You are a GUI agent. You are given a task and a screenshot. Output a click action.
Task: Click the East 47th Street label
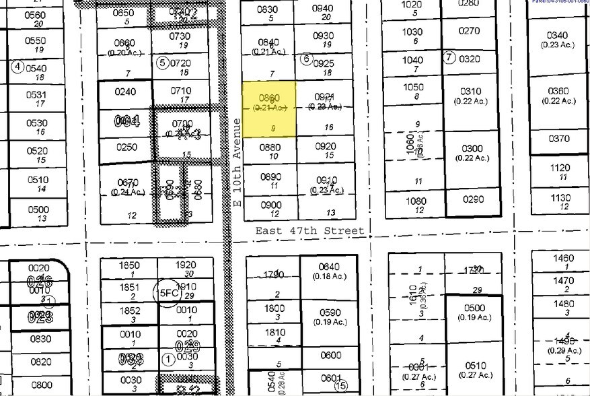[309, 231]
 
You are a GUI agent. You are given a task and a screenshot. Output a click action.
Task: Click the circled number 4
[17, 67]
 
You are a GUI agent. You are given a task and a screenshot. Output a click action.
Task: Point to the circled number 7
[449, 57]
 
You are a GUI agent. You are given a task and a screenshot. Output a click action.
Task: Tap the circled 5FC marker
[166, 293]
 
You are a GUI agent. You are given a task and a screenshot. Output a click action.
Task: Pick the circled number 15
[341, 385]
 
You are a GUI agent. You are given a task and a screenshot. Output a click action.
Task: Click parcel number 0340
[558, 35]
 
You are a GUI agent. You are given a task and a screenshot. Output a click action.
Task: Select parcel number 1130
[559, 198]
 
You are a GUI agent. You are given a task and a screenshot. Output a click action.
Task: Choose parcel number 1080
[416, 201]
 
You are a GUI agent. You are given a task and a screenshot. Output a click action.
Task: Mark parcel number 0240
[125, 92]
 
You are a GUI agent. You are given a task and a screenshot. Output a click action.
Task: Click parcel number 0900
[270, 205]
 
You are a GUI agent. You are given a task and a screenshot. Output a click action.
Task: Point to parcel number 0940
[323, 8]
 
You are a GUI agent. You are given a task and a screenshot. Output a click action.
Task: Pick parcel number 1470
[562, 281]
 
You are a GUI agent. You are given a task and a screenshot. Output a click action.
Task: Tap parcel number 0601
[330, 378]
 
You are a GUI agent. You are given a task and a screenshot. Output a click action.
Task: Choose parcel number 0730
[180, 36]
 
